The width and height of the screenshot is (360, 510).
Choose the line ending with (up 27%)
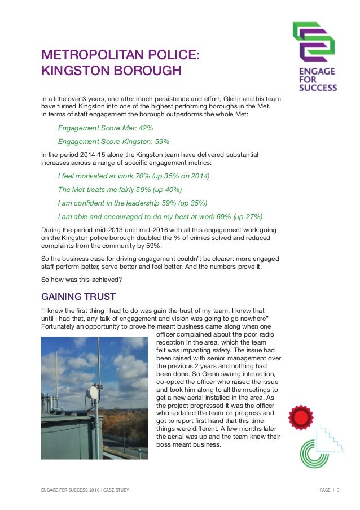coord(160,217)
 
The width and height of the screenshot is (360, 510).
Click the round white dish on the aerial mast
coord(94,392)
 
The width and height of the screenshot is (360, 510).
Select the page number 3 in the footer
coord(338,490)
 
